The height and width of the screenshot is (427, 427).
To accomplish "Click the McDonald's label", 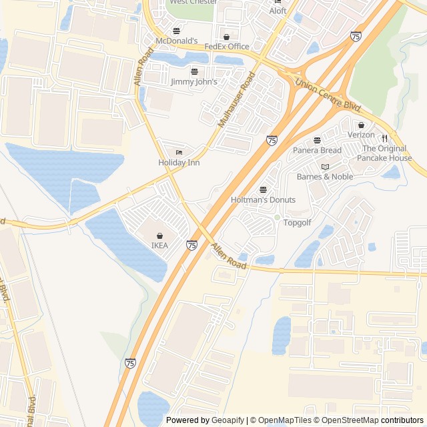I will (176, 41).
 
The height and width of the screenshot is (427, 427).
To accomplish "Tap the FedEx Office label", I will (226, 47).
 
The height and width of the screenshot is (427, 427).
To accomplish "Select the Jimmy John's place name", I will (194, 82).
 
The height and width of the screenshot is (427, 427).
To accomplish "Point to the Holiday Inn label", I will (179, 163).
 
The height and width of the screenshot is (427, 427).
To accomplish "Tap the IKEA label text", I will (159, 246).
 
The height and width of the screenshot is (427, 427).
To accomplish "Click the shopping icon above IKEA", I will (159, 236).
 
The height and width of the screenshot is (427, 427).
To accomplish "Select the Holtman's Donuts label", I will (262, 200).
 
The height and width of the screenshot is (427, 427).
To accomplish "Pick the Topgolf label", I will (298, 223).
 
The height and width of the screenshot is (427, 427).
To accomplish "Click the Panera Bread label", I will (317, 151).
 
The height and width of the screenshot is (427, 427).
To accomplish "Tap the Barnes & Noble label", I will (325, 177).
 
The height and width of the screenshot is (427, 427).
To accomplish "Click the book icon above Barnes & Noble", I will (325, 167).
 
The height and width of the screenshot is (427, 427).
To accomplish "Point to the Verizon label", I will (361, 135).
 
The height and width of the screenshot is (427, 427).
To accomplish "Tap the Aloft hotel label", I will (278, 11).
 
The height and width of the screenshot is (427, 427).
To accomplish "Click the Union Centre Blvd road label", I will (328, 95).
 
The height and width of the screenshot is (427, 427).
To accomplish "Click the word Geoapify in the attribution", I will (228, 420).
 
